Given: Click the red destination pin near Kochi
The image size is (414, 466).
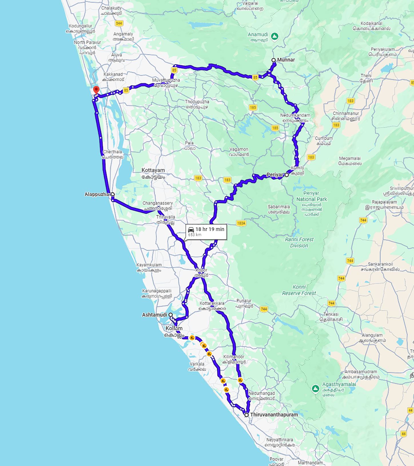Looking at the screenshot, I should pos(96,90).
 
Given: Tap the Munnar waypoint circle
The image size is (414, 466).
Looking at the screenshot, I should pos(274,60).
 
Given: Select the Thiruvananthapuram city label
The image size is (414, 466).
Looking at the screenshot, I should pos(274,414).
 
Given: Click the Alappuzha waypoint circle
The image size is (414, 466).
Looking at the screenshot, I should pos(113,194).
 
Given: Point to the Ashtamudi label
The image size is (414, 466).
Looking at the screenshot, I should pos(154,315).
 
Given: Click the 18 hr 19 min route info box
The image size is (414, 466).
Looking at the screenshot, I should pos(206,232).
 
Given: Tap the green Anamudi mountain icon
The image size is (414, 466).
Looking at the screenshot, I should pos(275,36).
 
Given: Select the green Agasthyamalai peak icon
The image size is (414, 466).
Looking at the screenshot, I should pos(315,388).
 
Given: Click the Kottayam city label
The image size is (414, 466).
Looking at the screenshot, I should pos(153,170).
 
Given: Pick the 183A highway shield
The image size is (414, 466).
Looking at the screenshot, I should pos(241,223).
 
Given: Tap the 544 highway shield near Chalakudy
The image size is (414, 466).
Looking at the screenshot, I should pos(119,23).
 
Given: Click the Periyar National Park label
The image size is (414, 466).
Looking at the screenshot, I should pos(311,196).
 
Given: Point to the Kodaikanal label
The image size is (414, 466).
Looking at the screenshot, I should pos(371,23).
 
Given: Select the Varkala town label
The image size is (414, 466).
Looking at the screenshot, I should pos(197,364).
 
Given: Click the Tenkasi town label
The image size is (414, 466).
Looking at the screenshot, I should pos(331,314).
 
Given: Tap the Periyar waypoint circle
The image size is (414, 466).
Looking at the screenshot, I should pos(287,175).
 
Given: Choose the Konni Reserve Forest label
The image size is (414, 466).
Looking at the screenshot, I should pos(299,290).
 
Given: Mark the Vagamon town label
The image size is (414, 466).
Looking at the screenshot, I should pos(239,149).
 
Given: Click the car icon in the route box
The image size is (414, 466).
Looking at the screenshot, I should pos(191,230).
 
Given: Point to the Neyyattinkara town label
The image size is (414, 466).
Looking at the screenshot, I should pos(280,440).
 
